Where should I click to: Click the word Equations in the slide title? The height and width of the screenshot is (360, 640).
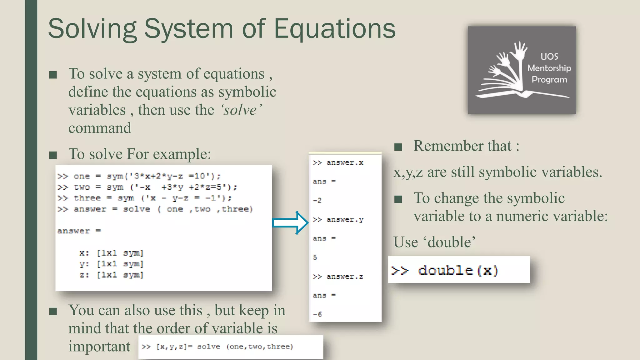tap(334, 29)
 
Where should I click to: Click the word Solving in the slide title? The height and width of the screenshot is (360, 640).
tap(92, 29)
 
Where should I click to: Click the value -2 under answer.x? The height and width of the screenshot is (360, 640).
tap(317, 200)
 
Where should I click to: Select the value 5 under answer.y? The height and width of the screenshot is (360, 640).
tap(315, 257)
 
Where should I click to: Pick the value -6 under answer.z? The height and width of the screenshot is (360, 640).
tap(317, 314)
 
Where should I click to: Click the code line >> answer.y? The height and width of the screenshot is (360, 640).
tap(338, 220)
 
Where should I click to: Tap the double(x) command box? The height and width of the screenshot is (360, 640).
tap(459, 270)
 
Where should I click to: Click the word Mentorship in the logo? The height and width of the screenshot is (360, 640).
tap(549, 68)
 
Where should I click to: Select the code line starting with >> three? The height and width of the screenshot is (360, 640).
tap(144, 198)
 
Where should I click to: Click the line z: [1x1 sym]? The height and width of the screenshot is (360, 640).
tap(111, 275)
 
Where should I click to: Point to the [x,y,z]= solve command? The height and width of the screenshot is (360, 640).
tap(217, 347)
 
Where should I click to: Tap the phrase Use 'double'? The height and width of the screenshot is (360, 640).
tap(434, 242)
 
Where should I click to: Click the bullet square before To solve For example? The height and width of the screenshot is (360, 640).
tap(53, 155)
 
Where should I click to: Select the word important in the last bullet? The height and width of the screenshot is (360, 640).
tap(99, 346)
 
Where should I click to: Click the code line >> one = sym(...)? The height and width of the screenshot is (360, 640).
tap(139, 176)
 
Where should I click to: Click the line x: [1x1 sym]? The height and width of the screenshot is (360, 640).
tap(111, 253)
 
